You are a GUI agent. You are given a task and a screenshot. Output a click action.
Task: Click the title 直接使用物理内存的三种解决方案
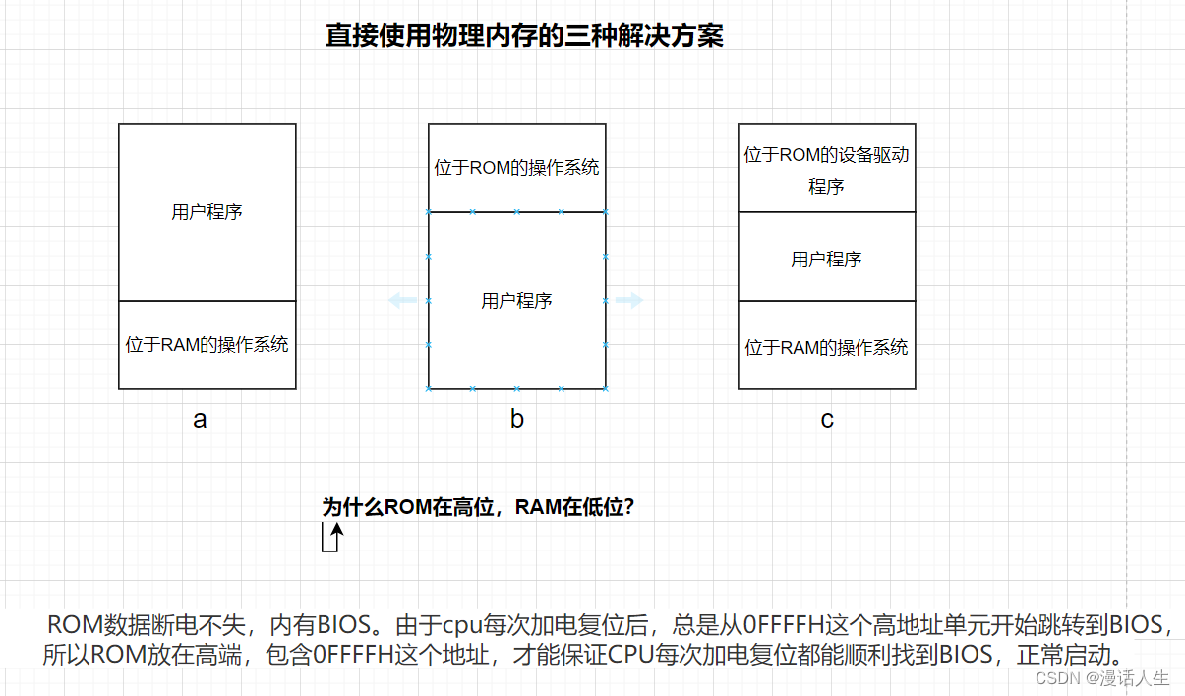point(524,36)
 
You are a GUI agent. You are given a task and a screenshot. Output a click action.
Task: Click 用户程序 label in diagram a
point(207,212)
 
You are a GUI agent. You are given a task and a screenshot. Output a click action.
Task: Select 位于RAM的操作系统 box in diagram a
point(207,345)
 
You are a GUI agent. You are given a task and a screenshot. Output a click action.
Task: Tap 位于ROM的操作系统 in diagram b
point(516,168)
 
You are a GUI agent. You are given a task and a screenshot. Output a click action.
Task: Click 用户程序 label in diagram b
point(516,301)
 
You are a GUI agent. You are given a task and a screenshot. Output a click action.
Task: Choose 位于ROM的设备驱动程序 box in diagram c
point(826,169)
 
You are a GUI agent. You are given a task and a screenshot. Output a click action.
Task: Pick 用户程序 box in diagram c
point(826,260)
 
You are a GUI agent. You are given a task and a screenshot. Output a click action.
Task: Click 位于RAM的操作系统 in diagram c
point(826,347)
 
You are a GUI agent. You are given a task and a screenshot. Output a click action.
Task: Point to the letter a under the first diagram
point(200,420)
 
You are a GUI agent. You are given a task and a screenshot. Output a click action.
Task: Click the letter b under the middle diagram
point(517,420)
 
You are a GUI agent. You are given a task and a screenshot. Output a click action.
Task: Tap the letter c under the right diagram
point(827,420)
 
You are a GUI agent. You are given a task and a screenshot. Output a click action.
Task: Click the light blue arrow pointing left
point(402,300)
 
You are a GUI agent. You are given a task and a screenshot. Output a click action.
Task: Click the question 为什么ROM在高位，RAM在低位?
point(478,508)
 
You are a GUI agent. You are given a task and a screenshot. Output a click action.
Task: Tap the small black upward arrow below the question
point(336,537)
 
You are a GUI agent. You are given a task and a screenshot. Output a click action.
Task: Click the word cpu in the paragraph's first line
point(463,625)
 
